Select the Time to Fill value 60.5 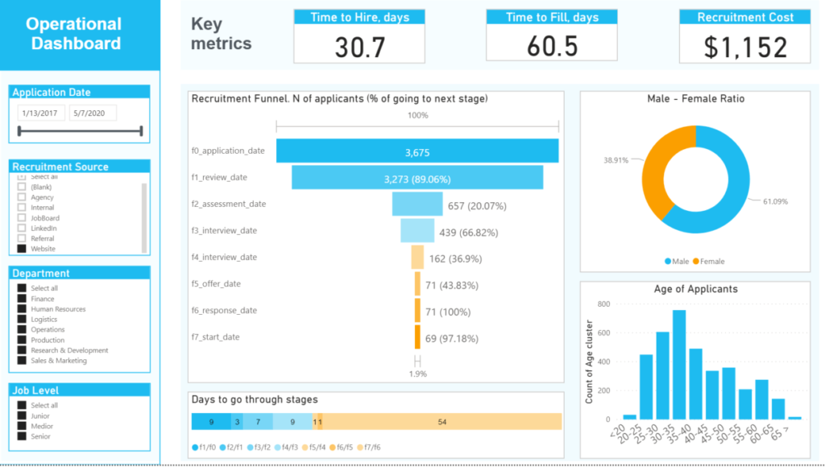tap(552, 47)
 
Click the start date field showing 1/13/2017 tap(41, 113)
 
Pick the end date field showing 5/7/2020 tap(93, 113)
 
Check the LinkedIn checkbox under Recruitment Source tap(22, 229)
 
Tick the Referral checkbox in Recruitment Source tap(22, 239)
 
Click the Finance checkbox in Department tap(22, 299)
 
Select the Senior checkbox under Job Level tap(22, 436)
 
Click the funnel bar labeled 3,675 tap(417, 151)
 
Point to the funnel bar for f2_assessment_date tap(417, 204)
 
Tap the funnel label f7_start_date tap(214, 337)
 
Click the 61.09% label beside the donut tap(776, 200)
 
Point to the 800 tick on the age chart tap(603, 304)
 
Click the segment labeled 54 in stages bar tap(442, 422)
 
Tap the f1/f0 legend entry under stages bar tap(203, 447)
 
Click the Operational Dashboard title tap(74, 34)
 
